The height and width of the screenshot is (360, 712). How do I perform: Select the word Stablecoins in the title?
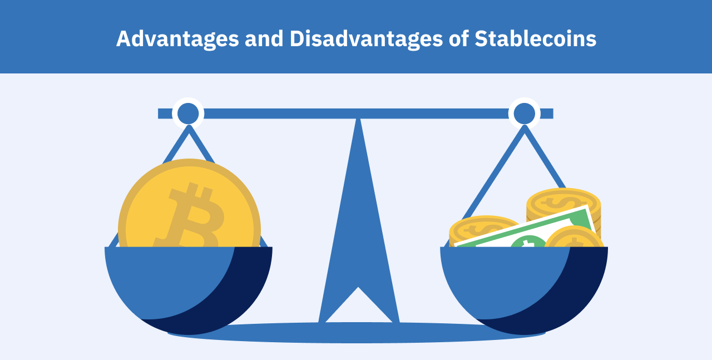[535, 39]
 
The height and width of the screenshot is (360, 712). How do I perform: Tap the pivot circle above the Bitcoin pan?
[188, 114]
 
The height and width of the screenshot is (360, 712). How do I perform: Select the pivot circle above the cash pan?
[524, 114]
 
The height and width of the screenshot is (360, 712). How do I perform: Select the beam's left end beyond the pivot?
[165, 114]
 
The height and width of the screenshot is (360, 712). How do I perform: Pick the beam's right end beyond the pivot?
[546, 114]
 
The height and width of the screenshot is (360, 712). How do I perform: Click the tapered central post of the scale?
[359, 223]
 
